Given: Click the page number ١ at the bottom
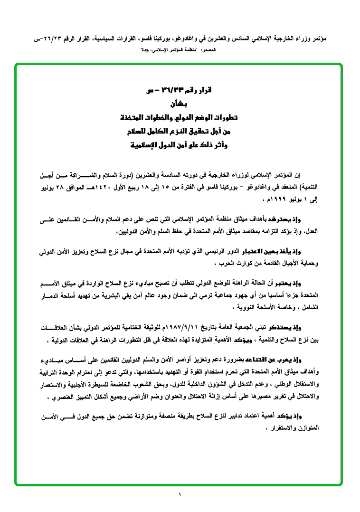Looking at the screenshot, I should coord(180,496).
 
